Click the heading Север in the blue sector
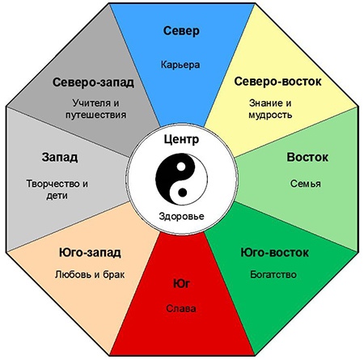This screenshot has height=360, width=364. [181, 31]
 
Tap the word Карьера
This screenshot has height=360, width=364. [180, 65]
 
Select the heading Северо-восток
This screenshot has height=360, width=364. [277, 82]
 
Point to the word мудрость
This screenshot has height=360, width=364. [270, 115]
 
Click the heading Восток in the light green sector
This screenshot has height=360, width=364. [307, 157]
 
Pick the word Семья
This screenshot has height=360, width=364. [306, 184]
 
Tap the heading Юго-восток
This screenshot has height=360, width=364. [274, 252]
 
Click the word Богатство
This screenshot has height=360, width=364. [273, 274]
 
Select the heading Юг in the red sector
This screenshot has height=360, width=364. [181, 284]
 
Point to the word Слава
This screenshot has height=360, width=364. [181, 308]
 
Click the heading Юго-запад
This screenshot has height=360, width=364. [90, 252]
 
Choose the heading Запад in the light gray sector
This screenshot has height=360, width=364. [60, 157]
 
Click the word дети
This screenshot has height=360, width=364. [57, 196]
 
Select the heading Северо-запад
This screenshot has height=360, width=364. [93, 83]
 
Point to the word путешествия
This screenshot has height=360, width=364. [96, 115]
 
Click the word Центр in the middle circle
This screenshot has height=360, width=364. [181, 139]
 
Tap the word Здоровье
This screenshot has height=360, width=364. [181, 216]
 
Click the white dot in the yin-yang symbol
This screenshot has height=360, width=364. [181, 167]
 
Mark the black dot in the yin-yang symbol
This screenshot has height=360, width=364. [183, 193]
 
